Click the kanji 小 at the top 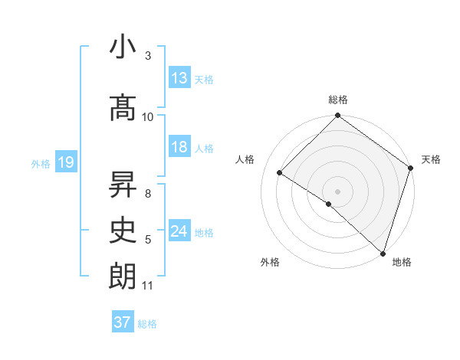123,47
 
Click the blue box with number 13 179,78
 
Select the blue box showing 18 179,147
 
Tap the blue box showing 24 179,231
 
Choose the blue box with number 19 65,162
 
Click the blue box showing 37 123,322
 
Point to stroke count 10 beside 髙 148,116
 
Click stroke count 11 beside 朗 148,286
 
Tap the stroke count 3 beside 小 148,56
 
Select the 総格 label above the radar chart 337,100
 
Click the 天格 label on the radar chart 431,159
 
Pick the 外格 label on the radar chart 270,262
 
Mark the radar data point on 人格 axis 280,173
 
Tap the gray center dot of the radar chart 337,191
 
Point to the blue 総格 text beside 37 148,323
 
